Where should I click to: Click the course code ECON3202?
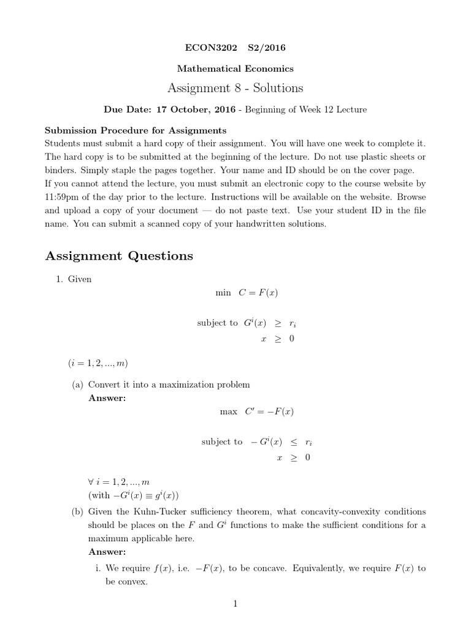pyautogui.click(x=209, y=47)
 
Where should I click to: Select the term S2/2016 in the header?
pyautogui.click(x=266, y=47)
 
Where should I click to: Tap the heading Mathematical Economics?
pyautogui.click(x=236, y=69)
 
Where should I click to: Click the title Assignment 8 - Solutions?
pyautogui.click(x=236, y=88)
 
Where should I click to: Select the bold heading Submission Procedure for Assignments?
pyautogui.click(x=136, y=130)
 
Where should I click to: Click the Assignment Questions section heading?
pyautogui.click(x=119, y=256)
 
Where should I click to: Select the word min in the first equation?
pyautogui.click(x=223, y=293)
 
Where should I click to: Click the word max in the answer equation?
pyautogui.click(x=228, y=412)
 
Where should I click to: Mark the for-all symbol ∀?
pyautogui.click(x=91, y=482)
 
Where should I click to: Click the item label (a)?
pyautogui.click(x=77, y=385)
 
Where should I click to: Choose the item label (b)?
pyautogui.click(x=77, y=512)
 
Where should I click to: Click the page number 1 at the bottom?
pyautogui.click(x=235, y=604)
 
